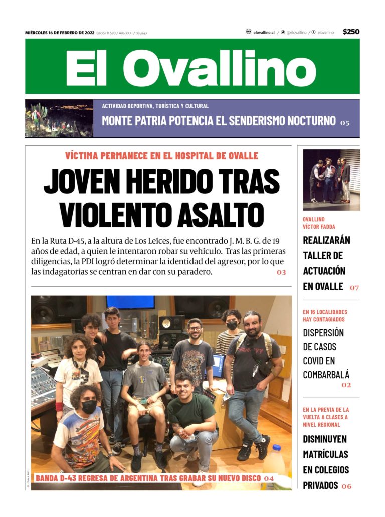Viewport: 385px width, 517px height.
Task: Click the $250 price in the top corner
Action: (351, 32)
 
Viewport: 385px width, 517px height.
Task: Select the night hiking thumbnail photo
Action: (59, 118)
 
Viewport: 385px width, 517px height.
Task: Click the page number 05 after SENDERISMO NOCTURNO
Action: (345, 122)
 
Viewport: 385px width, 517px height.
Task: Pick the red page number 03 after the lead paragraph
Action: (281, 273)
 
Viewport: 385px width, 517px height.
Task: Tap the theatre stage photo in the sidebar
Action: (331, 179)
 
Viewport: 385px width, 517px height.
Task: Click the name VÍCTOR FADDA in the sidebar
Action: (319, 227)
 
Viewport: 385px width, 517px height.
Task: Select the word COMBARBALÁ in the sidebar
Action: (326, 374)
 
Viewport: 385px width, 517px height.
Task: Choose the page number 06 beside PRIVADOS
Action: (347, 486)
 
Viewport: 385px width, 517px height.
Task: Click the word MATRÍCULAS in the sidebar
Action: (325, 454)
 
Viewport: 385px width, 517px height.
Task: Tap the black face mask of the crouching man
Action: (89, 407)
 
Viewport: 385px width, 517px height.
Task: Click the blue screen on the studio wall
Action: (130, 302)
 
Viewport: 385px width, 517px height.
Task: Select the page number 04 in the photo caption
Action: (269, 478)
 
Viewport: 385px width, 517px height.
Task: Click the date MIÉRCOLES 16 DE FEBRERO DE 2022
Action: (60, 33)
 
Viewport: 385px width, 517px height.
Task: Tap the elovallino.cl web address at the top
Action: (264, 32)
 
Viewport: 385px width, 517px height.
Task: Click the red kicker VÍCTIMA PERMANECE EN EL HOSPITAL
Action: (161, 156)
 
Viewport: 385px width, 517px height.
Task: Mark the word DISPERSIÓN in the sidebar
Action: (323, 332)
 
